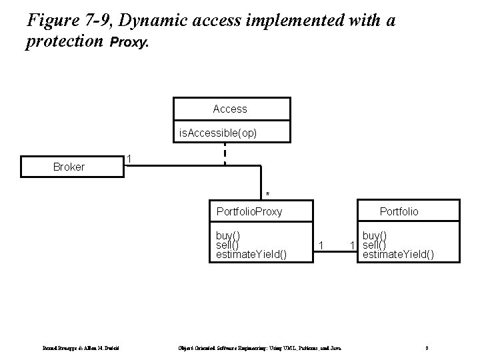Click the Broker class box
coord(69,167)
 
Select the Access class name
coord(230,109)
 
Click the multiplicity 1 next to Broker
coord(130,159)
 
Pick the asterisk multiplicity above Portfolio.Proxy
coord(267,194)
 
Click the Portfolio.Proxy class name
coord(249,212)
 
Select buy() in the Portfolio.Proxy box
coord(228,235)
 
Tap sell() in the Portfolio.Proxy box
coord(227,244)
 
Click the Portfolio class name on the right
coord(399,212)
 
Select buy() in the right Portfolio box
coord(375,235)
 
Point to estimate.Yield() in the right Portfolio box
coord(398,253)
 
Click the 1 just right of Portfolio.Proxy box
coord(321,246)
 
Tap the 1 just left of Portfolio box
coord(353,246)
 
